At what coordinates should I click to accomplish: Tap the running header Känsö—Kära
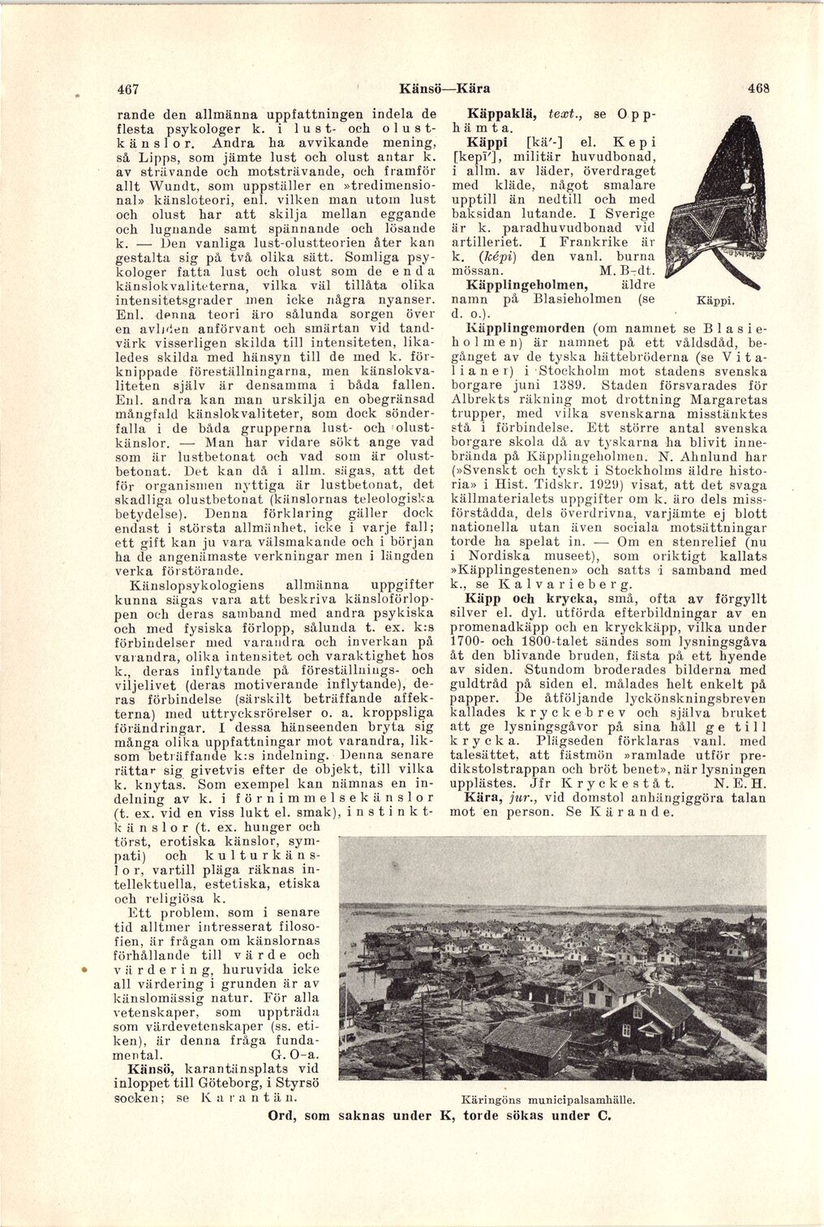point(444,88)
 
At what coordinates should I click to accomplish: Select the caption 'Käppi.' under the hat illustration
point(715,301)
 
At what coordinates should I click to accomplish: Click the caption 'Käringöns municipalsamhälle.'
point(547,1100)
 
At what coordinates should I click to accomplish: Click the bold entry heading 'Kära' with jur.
point(484,797)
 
